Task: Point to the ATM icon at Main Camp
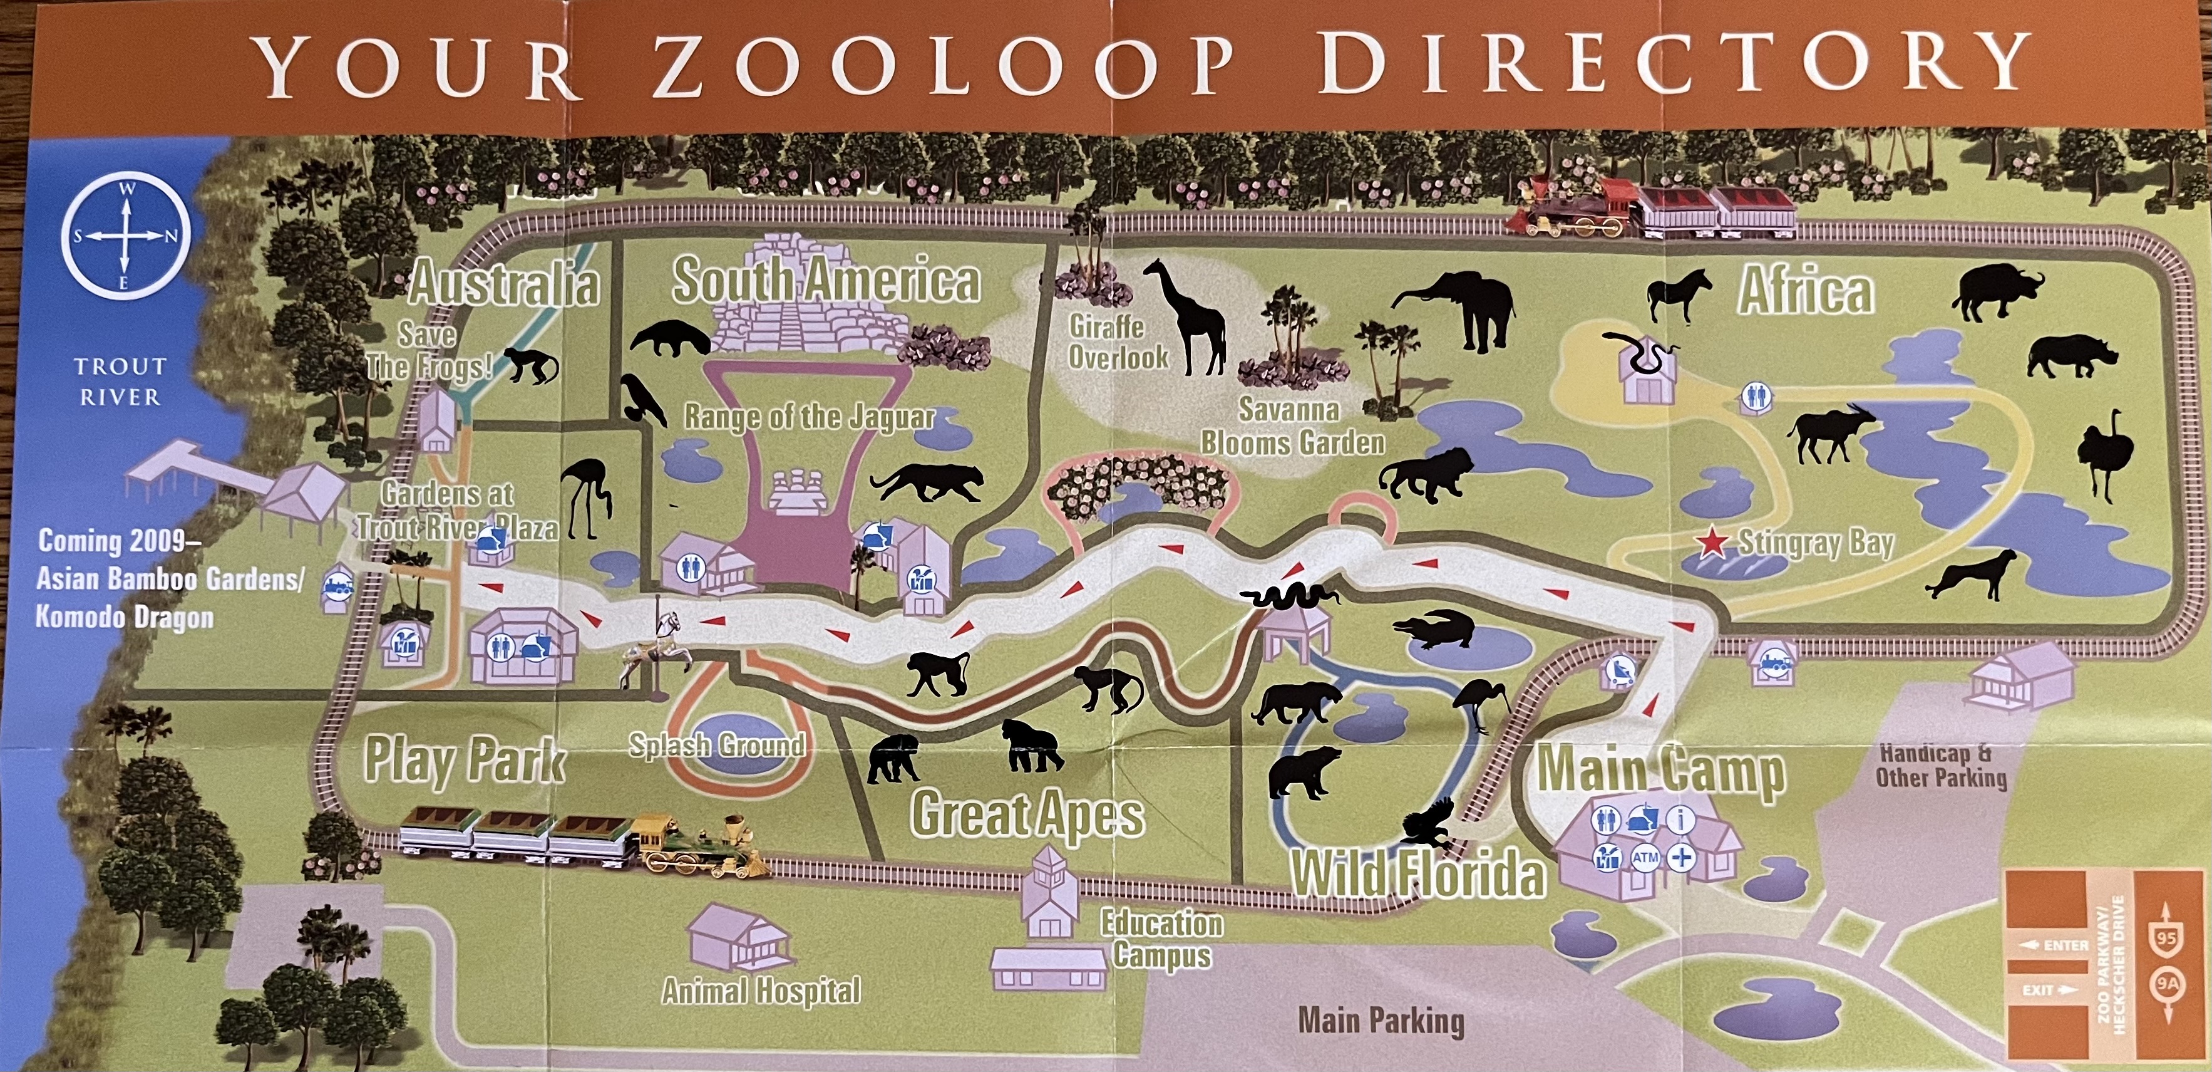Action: [x=1644, y=857]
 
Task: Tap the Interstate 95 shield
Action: [x=2165, y=938]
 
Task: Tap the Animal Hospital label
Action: [x=761, y=991]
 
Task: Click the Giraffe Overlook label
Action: [x=1117, y=341]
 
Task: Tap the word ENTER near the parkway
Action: [x=2064, y=945]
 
